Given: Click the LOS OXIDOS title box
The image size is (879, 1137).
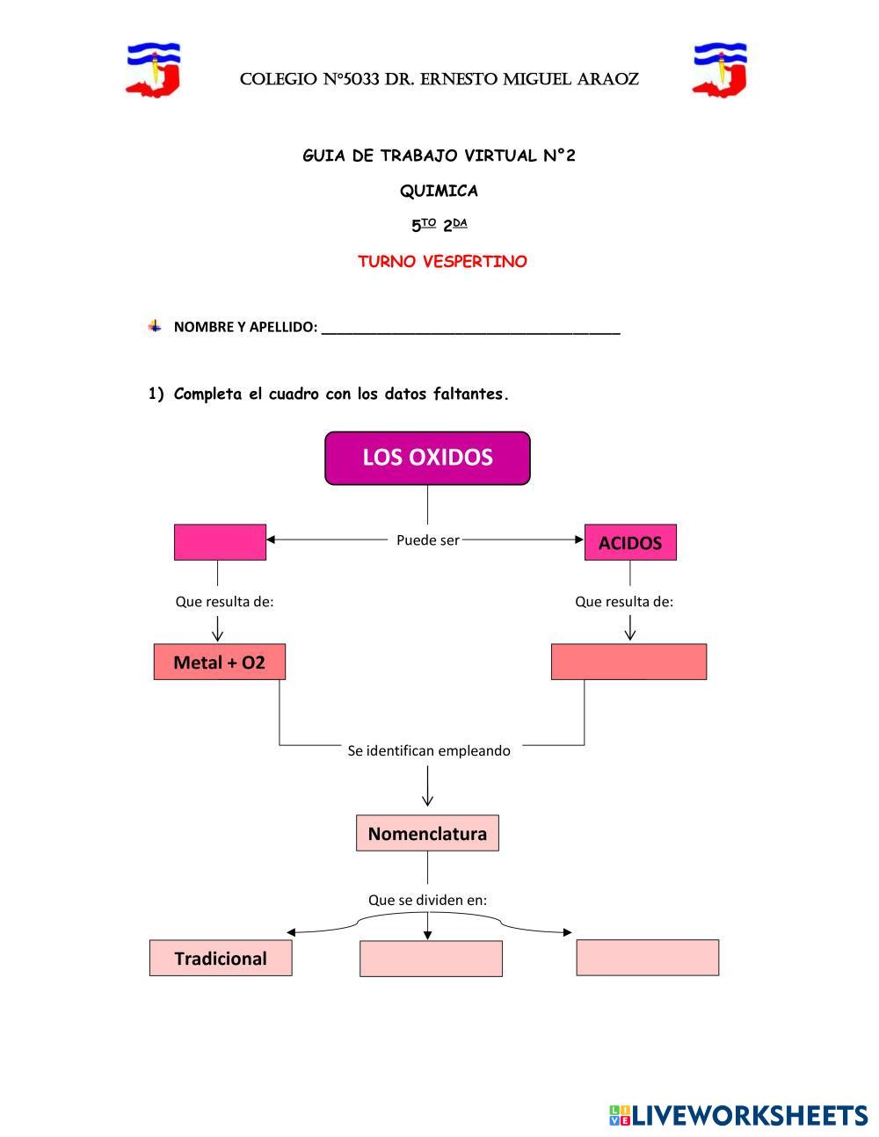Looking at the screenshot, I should (x=427, y=458).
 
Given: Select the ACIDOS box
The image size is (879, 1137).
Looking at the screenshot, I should (x=630, y=543).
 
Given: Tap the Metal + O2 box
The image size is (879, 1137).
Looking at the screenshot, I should (x=219, y=662).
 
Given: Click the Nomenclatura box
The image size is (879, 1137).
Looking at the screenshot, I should (x=427, y=833).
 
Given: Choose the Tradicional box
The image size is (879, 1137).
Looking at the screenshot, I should (x=221, y=958).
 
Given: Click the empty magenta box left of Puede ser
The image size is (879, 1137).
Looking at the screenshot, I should (x=220, y=542).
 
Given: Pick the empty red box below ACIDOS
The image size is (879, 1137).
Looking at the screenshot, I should (x=628, y=662).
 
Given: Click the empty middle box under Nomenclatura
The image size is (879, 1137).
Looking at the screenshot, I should (x=431, y=959).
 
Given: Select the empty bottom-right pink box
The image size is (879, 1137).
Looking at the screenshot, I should (x=648, y=958).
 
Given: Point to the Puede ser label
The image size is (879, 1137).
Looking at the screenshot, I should (x=427, y=540).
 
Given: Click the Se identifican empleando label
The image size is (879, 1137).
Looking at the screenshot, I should (x=429, y=750).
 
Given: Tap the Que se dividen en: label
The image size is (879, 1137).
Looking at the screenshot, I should (x=427, y=900).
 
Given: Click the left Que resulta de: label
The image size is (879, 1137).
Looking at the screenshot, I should (x=225, y=602).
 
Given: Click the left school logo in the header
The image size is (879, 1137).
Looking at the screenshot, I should (x=153, y=69).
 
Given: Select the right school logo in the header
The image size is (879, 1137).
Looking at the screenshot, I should (x=719, y=69).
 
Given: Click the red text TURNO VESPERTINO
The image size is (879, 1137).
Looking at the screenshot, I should (x=442, y=262).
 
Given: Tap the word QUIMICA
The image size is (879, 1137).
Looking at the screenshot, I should (x=439, y=191).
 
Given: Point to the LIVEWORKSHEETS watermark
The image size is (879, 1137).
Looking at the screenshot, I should (x=738, y=1115).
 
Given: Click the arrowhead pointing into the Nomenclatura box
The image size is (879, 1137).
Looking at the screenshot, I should (x=427, y=800).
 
